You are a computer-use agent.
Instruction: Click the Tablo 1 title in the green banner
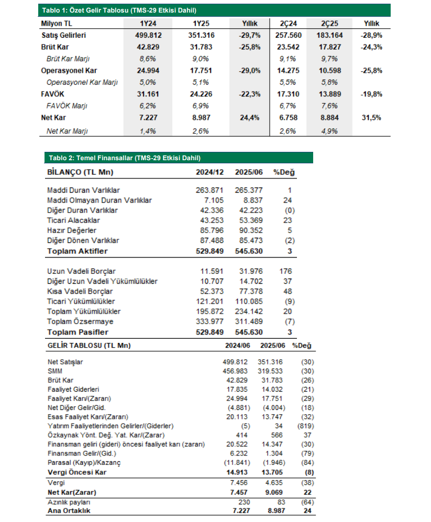pyautogui.click(x=119, y=10)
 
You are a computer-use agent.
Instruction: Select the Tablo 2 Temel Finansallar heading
pyautogui.click(x=125, y=158)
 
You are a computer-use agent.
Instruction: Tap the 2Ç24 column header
pyautogui.click(x=288, y=24)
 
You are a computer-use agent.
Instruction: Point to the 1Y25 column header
pyautogui.click(x=201, y=24)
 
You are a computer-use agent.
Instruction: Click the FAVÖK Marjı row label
pyautogui.click(x=67, y=106)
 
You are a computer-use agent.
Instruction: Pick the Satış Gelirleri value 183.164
pyautogui.click(x=330, y=35)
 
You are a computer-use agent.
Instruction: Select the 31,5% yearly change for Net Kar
pyautogui.click(x=371, y=117)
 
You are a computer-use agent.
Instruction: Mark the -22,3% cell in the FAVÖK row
pyautogui.click(x=249, y=94)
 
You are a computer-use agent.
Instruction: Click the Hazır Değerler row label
pyautogui.click(x=72, y=230)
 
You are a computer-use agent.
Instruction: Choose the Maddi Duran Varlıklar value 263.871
pyautogui.click(x=209, y=190)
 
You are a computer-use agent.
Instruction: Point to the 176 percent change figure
pyautogui.click(x=285, y=271)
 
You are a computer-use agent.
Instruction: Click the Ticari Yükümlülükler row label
pyautogui.click(x=81, y=301)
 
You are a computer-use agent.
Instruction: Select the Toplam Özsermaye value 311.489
pyautogui.click(x=249, y=321)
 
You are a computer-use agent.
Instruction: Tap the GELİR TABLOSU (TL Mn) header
pyautogui.click(x=89, y=345)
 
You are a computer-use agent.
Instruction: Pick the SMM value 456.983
pyautogui.click(x=235, y=371)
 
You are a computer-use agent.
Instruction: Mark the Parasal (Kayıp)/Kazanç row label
pyautogui.click(x=84, y=462)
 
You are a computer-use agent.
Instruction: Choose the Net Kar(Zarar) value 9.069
pyautogui.click(x=274, y=492)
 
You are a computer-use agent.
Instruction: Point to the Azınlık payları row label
pyautogui.click(x=69, y=502)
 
